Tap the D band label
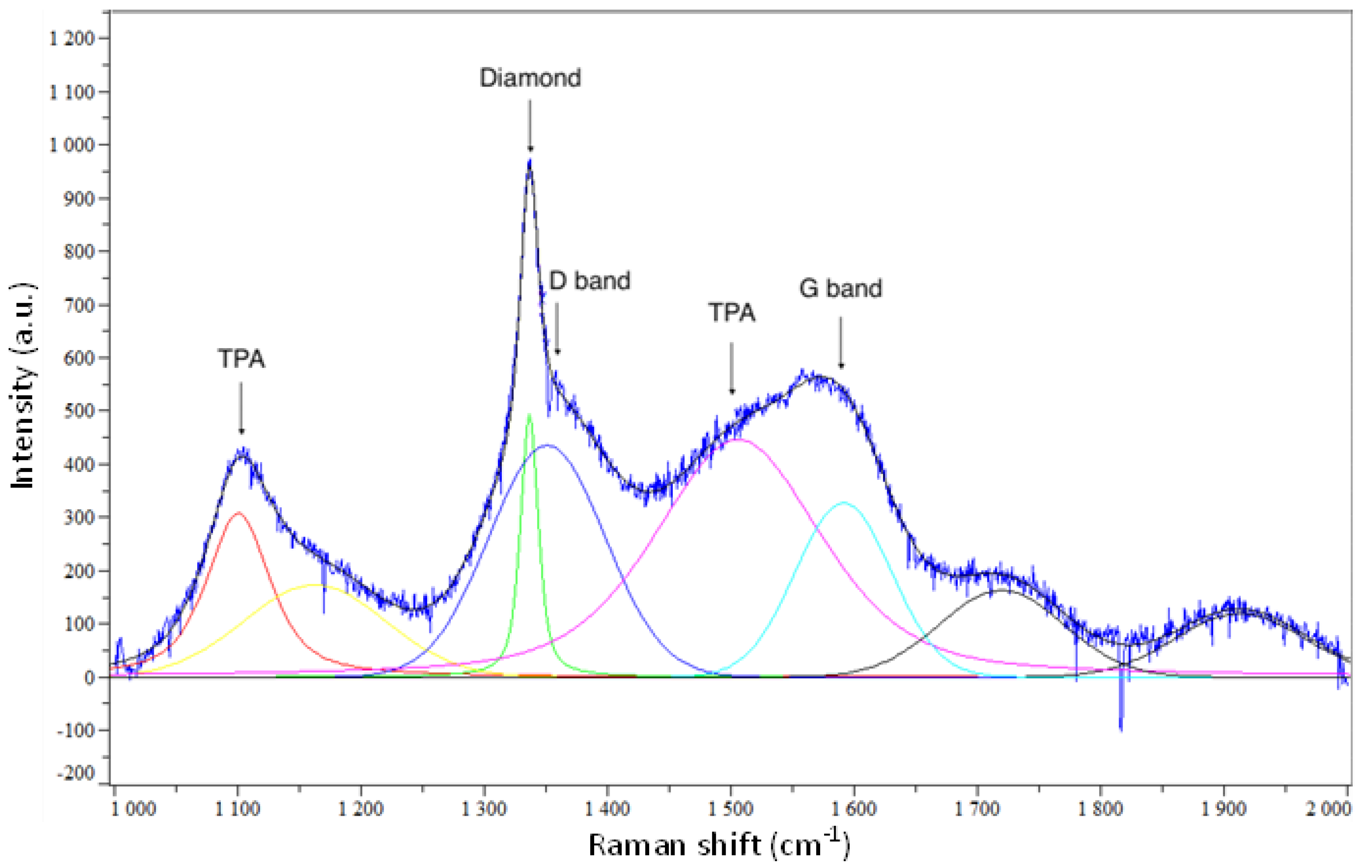pyautogui.click(x=589, y=280)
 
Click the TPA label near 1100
pyautogui.click(x=241, y=359)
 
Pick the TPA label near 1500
pyautogui.click(x=732, y=312)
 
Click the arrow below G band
pyautogui.click(x=841, y=342)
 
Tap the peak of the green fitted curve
pyautogui.click(x=529, y=415)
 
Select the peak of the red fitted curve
pyautogui.click(x=238, y=512)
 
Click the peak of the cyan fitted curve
pyautogui.click(x=844, y=502)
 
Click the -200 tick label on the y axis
pyautogui.click(x=77, y=773)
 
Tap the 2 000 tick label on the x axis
pyautogui.click(x=1328, y=809)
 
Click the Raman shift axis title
pyautogui.click(x=720, y=845)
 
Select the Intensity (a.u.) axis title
pyautogui.click(x=24, y=385)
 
